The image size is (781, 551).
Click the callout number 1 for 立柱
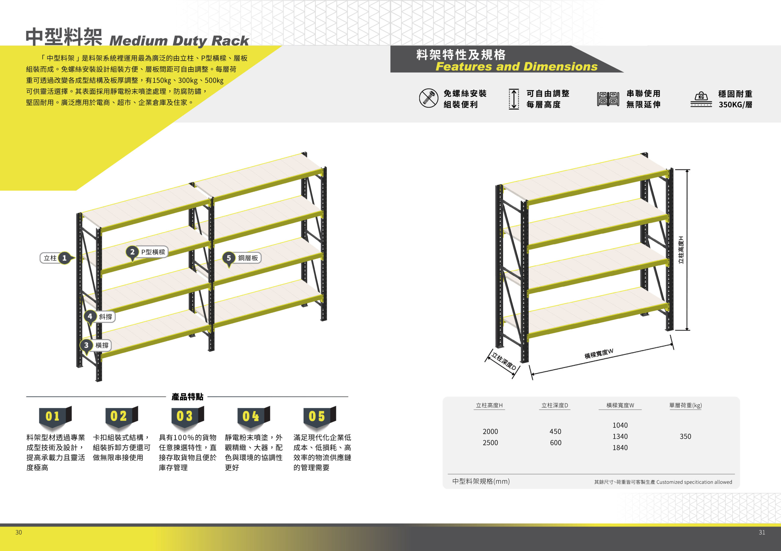[64, 258]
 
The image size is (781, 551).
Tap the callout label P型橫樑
[153, 252]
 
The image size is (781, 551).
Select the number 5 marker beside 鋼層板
[229, 258]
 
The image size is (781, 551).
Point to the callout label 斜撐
[105, 317]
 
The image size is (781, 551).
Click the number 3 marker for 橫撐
[86, 345]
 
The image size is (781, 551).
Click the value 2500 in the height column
[490, 443]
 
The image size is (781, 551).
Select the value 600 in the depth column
[556, 443]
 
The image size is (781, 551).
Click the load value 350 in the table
[686, 436]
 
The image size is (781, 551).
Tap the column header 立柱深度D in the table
[555, 405]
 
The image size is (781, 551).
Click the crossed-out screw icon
[429, 98]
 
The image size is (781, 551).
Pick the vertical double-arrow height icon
[514, 99]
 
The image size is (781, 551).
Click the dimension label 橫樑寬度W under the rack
[599, 354]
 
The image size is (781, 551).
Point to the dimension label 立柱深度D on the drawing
[504, 361]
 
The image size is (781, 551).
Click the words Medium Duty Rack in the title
[179, 41]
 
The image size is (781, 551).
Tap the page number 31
[762, 532]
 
